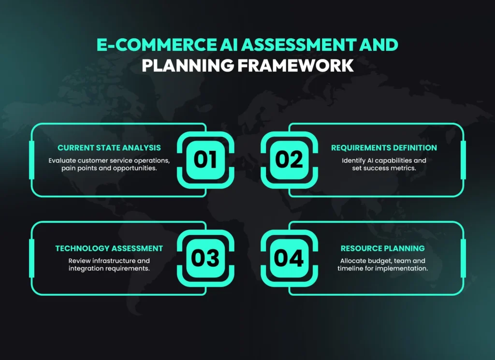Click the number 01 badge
(205, 159)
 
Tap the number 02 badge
(289, 159)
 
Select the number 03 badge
(205, 258)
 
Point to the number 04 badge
(289, 258)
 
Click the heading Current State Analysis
(109, 147)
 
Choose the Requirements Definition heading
(384, 147)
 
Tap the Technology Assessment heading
(109, 248)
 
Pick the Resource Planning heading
(382, 248)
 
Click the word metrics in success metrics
(401, 168)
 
